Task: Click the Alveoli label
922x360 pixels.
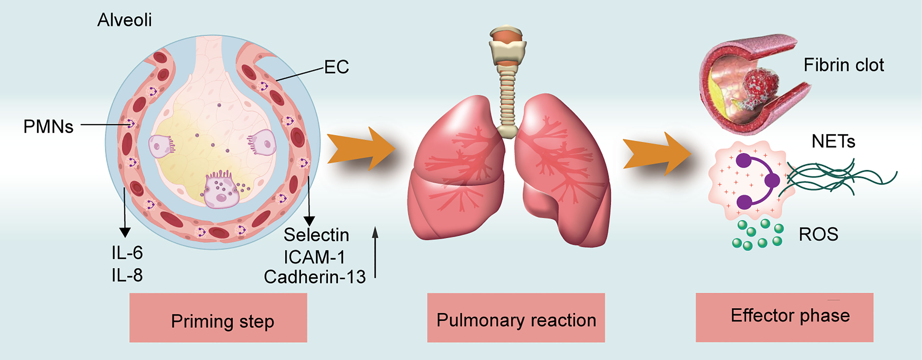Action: click(124, 20)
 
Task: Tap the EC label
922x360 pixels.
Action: click(336, 67)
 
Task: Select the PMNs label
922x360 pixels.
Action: click(48, 127)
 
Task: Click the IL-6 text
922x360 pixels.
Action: click(127, 253)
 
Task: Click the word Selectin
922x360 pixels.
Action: click(316, 235)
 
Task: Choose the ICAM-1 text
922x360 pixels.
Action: click(314, 257)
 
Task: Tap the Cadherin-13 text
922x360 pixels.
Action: click(315, 277)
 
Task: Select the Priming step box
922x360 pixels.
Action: click(218, 318)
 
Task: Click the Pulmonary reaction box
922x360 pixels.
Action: click(516, 318)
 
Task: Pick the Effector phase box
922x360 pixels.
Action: click(784, 317)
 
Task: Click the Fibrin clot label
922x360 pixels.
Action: click(843, 65)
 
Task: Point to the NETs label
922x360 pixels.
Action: click(833, 142)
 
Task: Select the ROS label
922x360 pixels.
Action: click(818, 234)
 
